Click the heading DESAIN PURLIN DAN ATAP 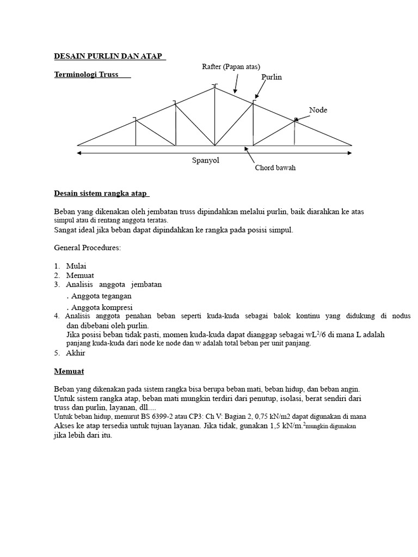(109, 57)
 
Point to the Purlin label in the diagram (272, 77)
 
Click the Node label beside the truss (318, 110)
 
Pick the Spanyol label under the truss (205, 160)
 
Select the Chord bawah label (275, 168)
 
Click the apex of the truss (214, 88)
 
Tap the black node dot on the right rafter (295, 119)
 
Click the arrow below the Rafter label (236, 84)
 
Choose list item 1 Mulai (76, 266)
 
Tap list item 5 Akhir (76, 353)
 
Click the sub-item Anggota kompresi (99, 307)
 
